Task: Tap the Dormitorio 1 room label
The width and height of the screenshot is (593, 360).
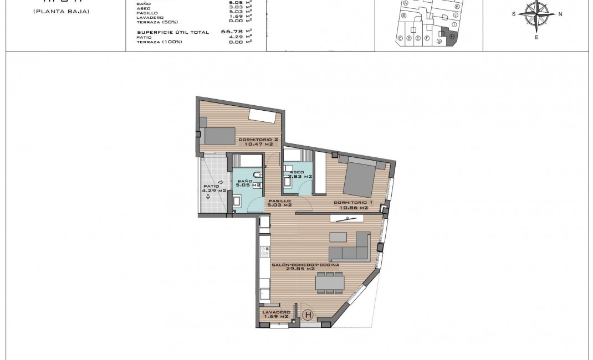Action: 351,203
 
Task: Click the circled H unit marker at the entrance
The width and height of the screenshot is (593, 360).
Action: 309,316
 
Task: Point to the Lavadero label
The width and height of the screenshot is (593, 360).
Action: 276,312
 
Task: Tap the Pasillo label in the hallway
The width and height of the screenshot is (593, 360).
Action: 280,201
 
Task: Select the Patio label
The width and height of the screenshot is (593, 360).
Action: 211,186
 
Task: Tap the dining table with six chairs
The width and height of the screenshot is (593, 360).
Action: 330,283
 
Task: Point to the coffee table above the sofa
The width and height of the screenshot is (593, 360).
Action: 338,236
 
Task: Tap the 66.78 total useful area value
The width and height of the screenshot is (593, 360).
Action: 236,32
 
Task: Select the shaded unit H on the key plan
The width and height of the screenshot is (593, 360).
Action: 451,37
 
